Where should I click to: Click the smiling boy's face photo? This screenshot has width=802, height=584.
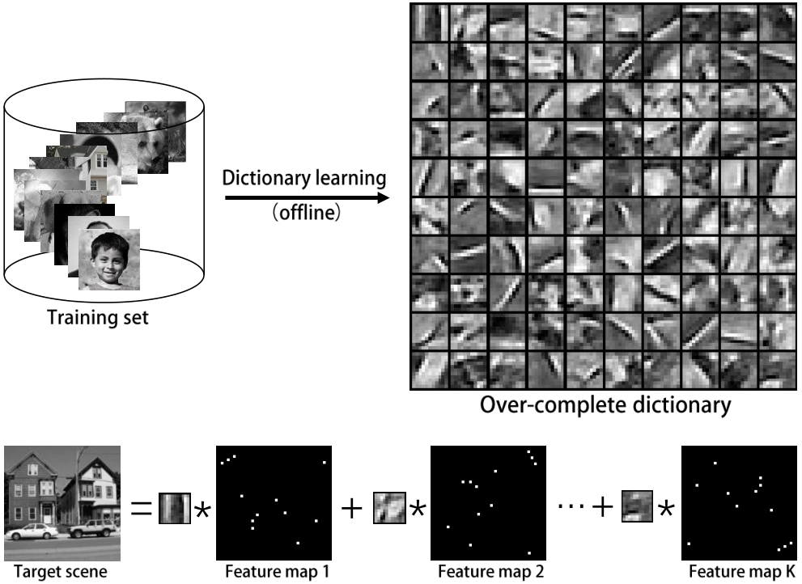109,260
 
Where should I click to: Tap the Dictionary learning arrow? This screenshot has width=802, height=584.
307,197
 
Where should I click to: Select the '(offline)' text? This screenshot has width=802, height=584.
307,212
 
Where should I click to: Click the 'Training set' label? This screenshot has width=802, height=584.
98,318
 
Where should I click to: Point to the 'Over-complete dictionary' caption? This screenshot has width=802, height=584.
605,404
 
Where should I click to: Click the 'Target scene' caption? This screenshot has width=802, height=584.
61,572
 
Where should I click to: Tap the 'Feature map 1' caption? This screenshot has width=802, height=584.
278,571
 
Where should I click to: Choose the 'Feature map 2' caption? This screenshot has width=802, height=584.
490,571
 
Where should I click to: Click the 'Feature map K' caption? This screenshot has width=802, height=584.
742,571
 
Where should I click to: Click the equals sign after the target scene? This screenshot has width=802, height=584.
141,508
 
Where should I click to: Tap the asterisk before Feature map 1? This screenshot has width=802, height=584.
202,510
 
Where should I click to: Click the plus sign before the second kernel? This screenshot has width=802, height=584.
351,508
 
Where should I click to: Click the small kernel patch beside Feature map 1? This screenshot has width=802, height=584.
175,508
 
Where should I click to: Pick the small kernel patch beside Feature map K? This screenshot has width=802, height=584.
637,506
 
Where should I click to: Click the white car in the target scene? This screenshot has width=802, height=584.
32,531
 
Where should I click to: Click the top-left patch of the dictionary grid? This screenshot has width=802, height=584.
431,23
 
